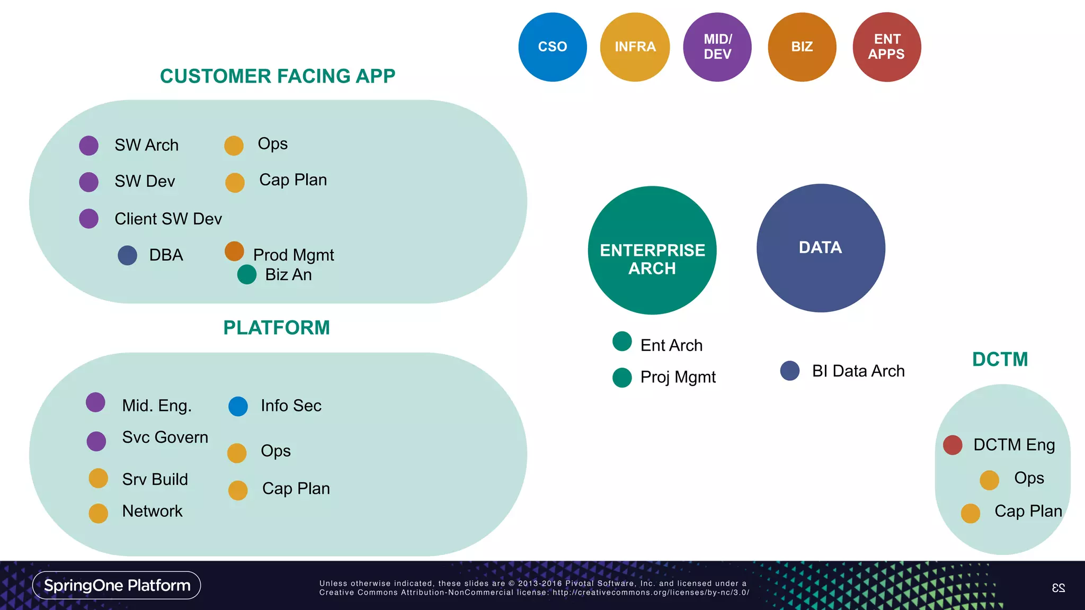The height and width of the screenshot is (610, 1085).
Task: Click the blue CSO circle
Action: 553,47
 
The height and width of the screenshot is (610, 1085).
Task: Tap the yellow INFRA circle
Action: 635,47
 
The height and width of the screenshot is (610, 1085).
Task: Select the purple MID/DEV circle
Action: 717,47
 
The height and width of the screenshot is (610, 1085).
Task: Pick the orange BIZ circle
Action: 802,47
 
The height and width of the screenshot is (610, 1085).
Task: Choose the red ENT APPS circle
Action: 887,47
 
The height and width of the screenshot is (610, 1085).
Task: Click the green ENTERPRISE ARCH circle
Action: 652,250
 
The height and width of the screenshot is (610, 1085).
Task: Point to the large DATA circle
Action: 821,248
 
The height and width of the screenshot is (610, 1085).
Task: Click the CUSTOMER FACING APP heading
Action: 278,76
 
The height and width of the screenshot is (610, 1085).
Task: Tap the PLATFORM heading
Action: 277,328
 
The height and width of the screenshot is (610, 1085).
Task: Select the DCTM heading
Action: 1000,360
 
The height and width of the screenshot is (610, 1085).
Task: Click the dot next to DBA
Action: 128,255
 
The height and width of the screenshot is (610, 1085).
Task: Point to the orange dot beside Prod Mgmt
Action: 234,252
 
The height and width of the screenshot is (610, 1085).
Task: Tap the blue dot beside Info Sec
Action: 238,406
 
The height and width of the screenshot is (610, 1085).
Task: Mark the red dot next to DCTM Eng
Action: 953,445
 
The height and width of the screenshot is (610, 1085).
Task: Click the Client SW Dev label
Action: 168,219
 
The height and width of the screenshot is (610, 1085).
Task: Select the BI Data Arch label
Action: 858,371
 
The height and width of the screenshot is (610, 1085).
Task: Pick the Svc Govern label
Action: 165,437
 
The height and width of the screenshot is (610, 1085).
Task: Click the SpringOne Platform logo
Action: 117,585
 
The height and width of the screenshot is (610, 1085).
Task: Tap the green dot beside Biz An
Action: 247,274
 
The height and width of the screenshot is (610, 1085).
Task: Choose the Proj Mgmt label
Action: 678,377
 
